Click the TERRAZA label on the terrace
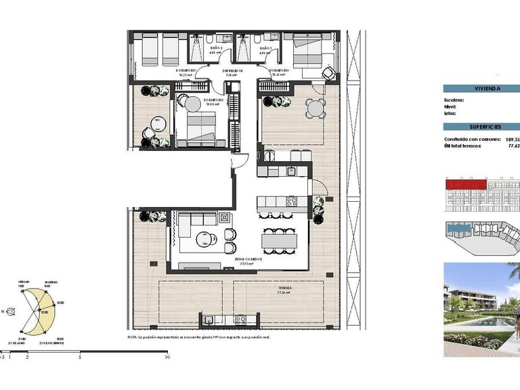click(285, 288)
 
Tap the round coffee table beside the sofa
click(204, 238)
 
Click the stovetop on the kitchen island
click(292, 200)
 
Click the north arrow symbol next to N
click(15, 311)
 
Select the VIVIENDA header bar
click(481, 88)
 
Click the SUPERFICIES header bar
click(481, 127)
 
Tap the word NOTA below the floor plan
click(132, 337)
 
